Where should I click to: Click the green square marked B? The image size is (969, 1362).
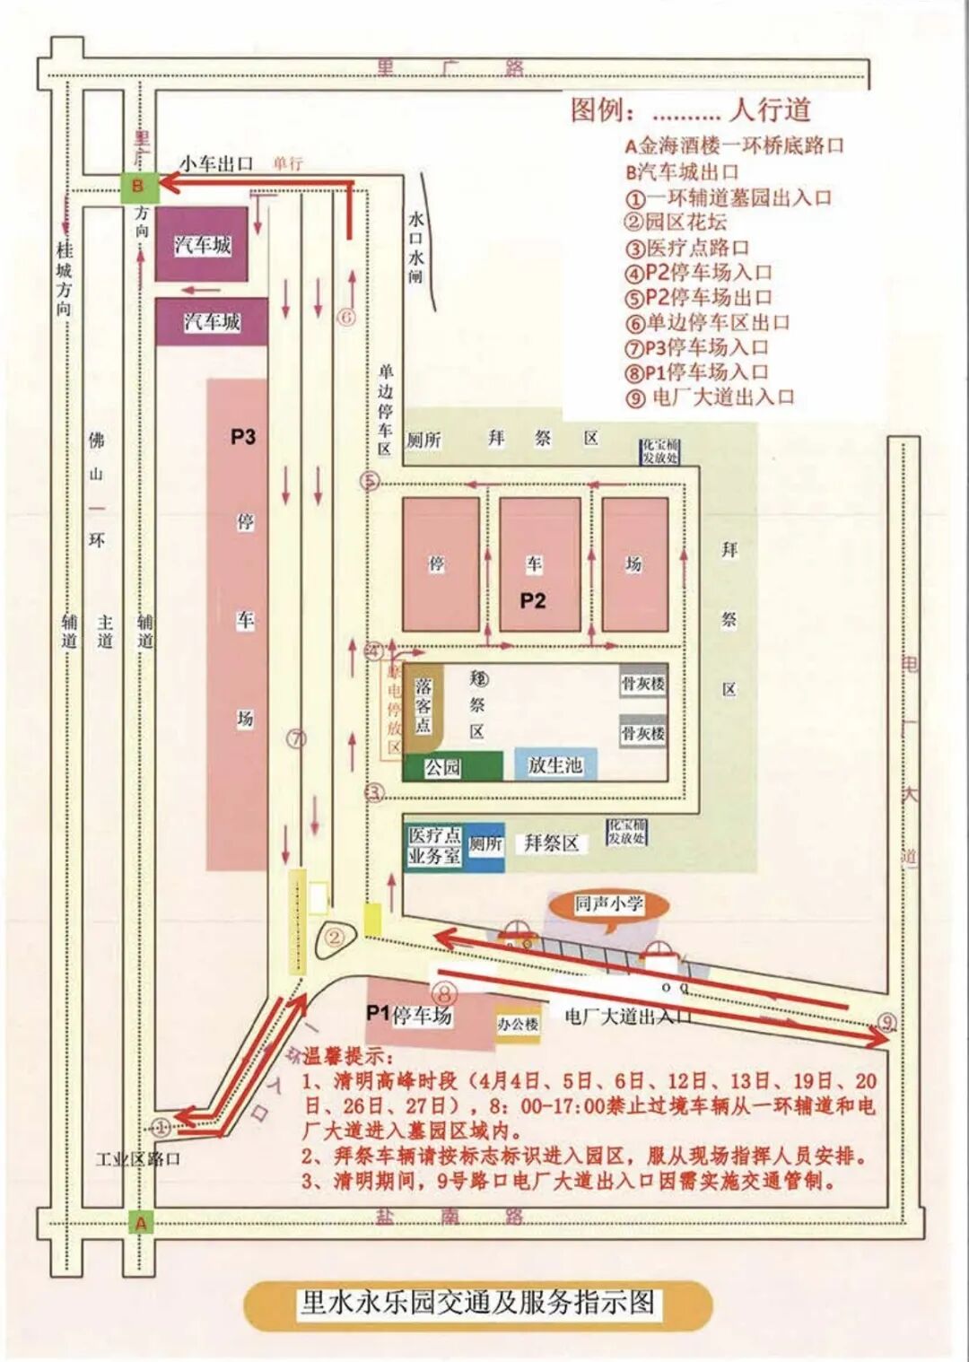tap(138, 187)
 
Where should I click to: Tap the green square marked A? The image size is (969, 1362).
tap(140, 1222)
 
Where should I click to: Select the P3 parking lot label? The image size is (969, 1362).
tap(243, 437)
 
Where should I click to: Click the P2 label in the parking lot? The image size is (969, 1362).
tap(533, 600)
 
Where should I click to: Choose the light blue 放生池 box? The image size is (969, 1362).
tap(554, 764)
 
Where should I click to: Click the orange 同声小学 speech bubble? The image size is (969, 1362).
tap(609, 904)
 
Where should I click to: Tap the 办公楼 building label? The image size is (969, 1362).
tap(518, 1024)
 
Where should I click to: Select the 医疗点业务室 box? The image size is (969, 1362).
tap(434, 845)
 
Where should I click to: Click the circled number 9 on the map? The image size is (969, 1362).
tap(886, 1022)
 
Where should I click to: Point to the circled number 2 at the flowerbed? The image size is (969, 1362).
tap(335, 938)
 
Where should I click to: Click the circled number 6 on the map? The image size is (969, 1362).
tap(346, 317)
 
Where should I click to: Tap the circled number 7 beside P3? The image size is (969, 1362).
tap(296, 738)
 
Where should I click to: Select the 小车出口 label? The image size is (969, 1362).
tap(216, 163)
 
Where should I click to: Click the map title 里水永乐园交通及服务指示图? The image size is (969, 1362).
tap(477, 1302)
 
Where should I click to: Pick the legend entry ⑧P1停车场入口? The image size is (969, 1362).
tap(697, 371)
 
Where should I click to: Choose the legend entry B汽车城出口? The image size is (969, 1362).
tap(682, 171)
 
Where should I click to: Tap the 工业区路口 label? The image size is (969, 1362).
tap(138, 1158)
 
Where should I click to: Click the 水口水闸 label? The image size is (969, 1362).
tap(415, 247)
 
